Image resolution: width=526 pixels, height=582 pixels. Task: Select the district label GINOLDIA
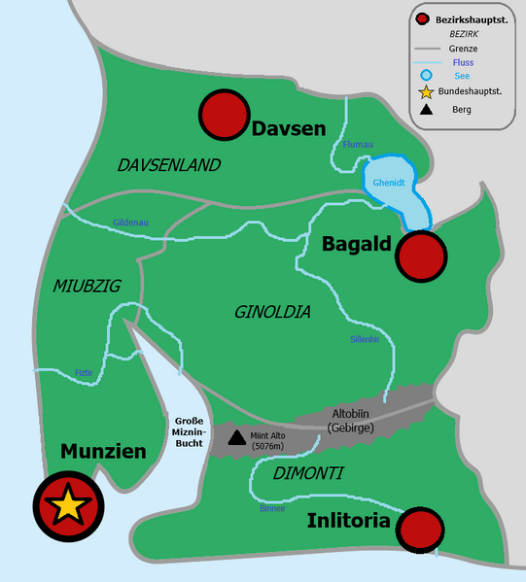272,312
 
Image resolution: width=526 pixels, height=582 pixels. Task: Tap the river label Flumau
357,145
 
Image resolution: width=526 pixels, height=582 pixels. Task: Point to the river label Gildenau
131,223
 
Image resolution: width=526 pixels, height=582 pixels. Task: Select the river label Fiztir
85,371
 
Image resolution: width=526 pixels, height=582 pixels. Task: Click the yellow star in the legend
424,93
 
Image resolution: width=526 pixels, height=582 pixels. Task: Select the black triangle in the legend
424,111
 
